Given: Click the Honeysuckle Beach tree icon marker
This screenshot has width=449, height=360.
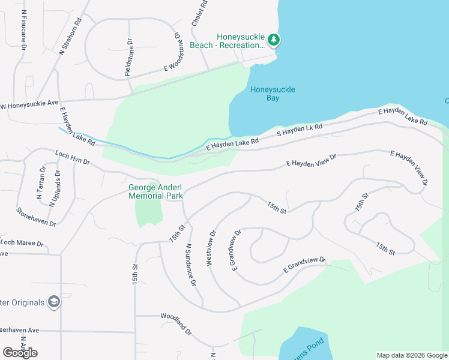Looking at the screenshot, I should pyautogui.click(x=274, y=40).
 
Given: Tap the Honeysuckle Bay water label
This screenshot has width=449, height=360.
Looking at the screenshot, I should pyautogui.click(x=273, y=94).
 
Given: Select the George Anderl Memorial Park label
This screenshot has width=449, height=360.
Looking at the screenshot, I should pyautogui.click(x=156, y=191).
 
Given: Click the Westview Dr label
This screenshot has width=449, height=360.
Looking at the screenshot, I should pyautogui.click(x=212, y=248).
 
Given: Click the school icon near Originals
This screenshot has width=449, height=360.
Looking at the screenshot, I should pyautogui.click(x=53, y=301).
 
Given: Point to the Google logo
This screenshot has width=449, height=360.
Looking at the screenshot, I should pyautogui.click(x=20, y=352).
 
